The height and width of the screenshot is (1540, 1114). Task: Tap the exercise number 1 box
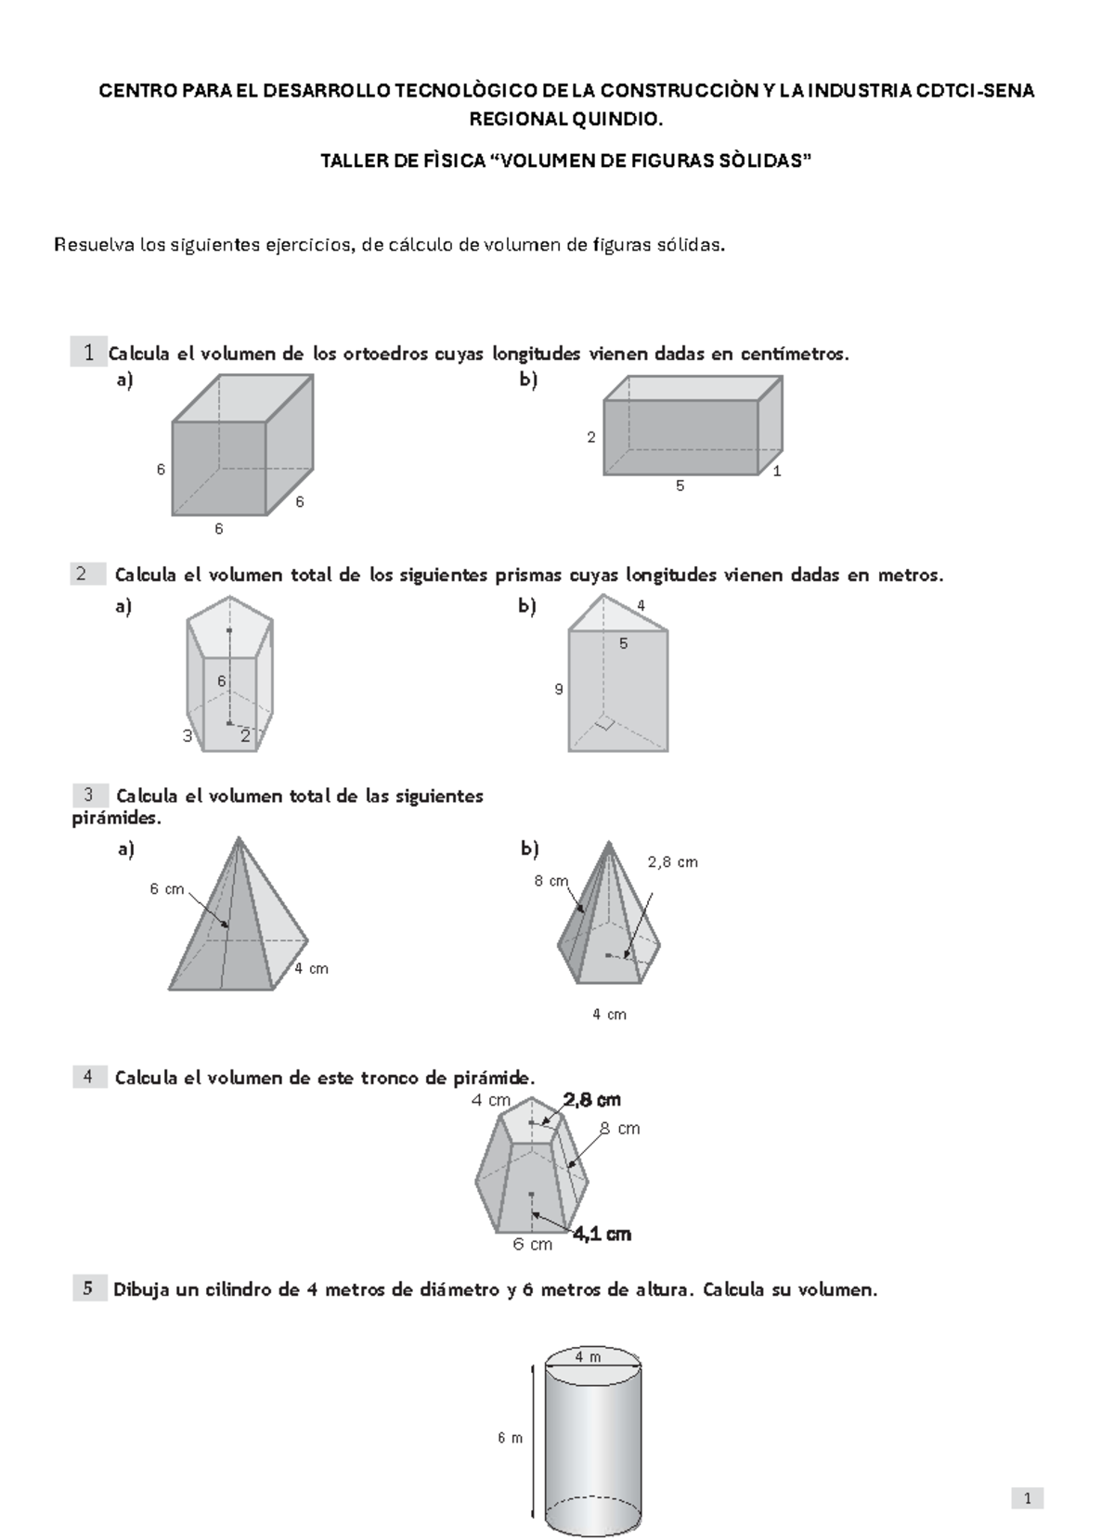(x=88, y=352)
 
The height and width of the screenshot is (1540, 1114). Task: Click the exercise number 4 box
(x=88, y=1077)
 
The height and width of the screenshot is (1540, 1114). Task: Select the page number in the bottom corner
(x=1028, y=1498)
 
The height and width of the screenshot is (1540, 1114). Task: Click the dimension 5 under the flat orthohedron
(x=680, y=485)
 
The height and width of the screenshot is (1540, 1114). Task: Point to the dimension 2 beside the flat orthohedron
(x=591, y=437)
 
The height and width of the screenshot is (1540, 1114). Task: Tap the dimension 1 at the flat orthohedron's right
(x=777, y=472)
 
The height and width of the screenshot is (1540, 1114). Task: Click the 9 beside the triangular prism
(x=558, y=690)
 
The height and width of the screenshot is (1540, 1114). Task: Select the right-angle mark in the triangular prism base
(x=605, y=723)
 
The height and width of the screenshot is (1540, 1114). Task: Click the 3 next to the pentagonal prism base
(x=188, y=736)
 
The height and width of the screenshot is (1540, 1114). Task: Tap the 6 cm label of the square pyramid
(x=167, y=889)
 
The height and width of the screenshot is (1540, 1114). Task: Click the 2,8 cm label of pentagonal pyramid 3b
(x=672, y=862)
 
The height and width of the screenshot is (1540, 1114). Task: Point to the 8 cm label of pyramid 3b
(x=551, y=881)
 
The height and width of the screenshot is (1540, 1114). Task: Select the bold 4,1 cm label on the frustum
(x=602, y=1235)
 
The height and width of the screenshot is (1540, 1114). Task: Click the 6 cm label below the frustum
(x=532, y=1245)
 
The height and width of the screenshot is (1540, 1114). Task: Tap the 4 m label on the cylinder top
(x=588, y=1357)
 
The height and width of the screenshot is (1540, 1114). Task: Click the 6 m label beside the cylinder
(x=510, y=1438)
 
